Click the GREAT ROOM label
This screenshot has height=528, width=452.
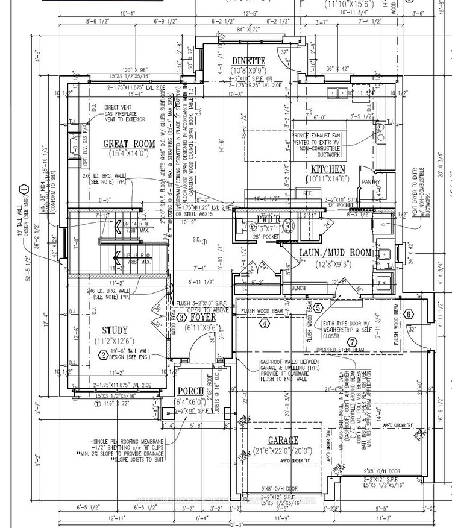[128, 144]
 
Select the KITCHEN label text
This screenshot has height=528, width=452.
[325, 170]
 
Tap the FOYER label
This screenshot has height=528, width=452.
[203, 316]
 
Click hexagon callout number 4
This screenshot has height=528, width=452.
[264, 323]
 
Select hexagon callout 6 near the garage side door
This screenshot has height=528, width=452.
[408, 313]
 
